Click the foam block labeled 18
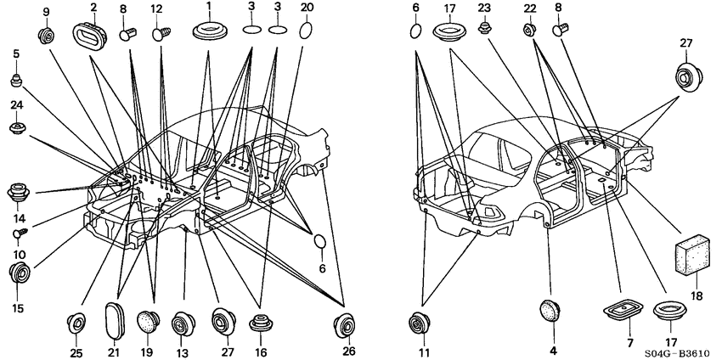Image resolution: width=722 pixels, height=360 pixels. click(x=692, y=255)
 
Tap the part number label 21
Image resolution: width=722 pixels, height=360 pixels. click(x=114, y=352)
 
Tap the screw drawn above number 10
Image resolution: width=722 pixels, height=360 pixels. click(x=20, y=233)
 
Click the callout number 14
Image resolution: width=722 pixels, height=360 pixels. click(x=20, y=217)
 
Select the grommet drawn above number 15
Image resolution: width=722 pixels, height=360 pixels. click(x=20, y=274)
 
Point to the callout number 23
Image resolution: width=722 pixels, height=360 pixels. click(x=483, y=8)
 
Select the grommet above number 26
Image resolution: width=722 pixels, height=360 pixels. click(x=344, y=325)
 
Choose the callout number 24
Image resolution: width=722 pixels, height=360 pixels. click(x=17, y=104)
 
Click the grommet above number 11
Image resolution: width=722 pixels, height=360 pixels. click(x=419, y=323)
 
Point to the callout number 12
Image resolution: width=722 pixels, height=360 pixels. click(x=156, y=8)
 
